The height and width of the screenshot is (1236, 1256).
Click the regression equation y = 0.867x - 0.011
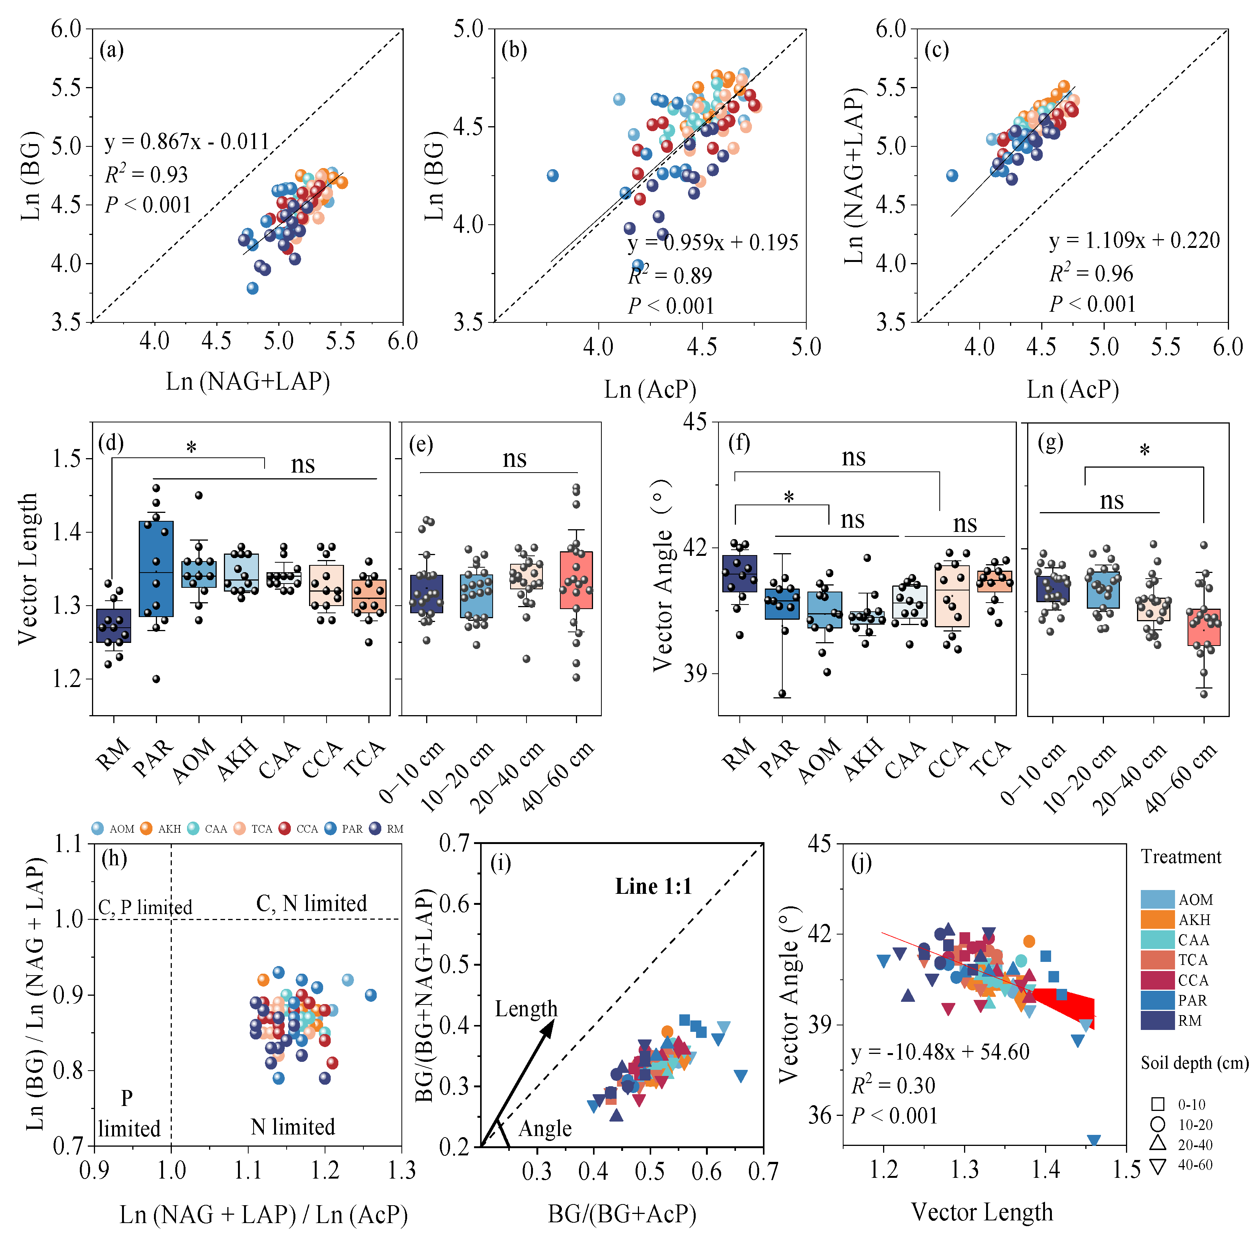[187, 141]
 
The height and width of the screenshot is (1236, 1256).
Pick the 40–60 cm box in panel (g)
[1204, 627]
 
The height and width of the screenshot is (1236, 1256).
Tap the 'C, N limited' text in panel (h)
[312, 903]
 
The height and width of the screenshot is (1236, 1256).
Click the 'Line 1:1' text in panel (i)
[653, 887]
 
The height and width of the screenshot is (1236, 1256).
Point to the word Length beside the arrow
[526, 1008]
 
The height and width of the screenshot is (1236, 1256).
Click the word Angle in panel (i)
[545, 1128]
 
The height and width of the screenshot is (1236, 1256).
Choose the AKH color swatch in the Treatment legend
[1157, 919]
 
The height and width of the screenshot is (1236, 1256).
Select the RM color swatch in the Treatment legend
[1157, 1020]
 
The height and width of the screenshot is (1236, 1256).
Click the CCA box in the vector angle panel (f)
[952, 596]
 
